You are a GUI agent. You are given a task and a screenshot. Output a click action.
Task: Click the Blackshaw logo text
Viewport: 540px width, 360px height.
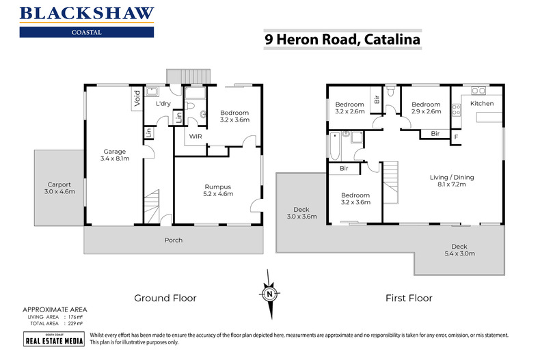87,13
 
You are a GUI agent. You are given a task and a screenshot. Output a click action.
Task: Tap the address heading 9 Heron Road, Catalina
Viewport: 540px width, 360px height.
342,40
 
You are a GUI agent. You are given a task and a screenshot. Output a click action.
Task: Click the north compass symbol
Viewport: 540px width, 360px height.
270,294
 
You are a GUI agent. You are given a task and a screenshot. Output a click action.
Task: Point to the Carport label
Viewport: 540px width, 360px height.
59,188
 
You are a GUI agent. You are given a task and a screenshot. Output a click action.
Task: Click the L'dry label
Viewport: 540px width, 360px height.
163,104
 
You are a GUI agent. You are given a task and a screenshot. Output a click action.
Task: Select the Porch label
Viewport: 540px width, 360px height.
174,240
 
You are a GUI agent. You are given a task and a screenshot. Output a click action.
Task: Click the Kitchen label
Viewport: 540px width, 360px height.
481,103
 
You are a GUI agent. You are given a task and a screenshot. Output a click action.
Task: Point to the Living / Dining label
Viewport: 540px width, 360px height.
451,181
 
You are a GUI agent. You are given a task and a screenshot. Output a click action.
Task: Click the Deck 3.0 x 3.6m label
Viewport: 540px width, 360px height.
301,213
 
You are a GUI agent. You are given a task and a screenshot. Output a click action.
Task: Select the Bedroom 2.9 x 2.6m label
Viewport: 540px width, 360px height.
426,108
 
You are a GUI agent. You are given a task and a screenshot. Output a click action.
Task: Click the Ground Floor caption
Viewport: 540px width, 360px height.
165,298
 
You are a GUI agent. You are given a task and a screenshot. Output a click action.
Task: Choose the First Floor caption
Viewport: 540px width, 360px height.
409,298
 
